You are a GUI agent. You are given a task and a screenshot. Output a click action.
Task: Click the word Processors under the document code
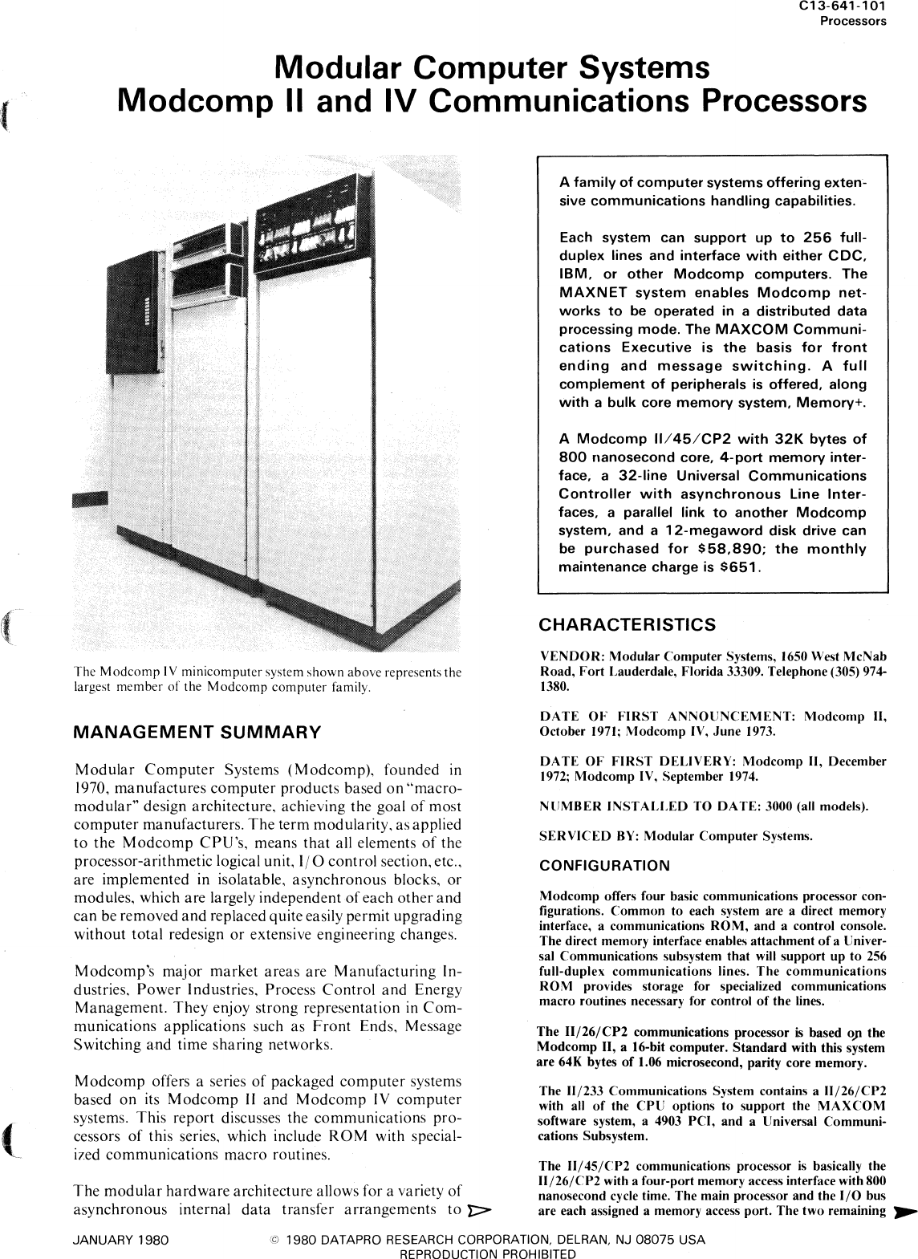point(852,21)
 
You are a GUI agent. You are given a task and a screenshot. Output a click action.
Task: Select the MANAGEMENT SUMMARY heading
point(196,732)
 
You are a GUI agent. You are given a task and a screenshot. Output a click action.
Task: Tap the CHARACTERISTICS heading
point(627,624)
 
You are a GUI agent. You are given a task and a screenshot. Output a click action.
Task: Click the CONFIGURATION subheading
point(604,866)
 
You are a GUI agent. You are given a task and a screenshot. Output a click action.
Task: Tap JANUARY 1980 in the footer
point(120,1240)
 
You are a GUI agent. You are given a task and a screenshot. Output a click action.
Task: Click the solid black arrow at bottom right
point(903,1211)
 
